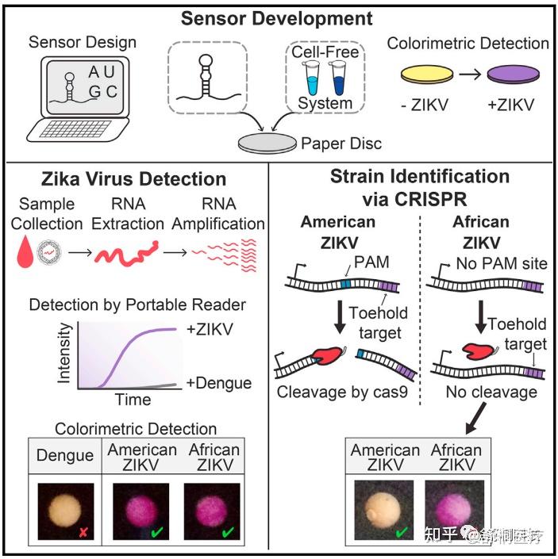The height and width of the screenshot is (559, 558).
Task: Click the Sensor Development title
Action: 276,17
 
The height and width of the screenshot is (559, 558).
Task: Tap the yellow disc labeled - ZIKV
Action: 428,76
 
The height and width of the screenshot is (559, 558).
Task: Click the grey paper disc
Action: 267,143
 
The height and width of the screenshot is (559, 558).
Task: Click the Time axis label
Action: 133,400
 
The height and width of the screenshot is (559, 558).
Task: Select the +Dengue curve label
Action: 220,383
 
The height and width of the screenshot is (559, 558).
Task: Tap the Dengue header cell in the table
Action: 65,456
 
